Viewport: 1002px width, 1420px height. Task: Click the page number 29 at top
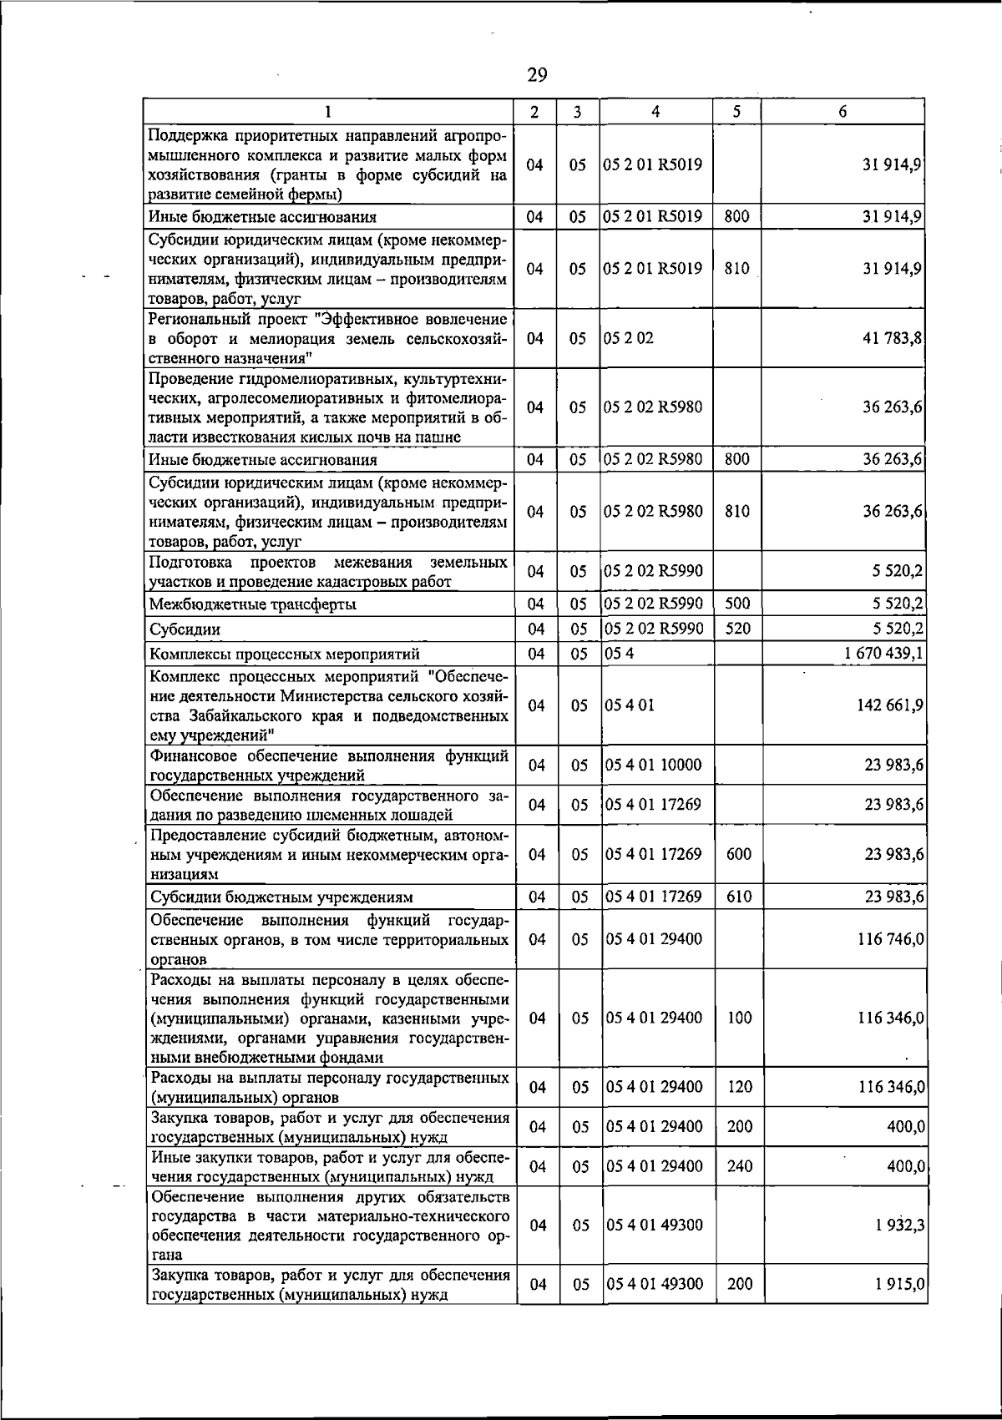coord(537,76)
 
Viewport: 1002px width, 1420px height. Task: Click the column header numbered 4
coord(656,111)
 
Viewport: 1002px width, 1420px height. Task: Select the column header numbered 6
coord(843,111)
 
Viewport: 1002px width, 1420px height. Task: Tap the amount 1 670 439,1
coord(882,653)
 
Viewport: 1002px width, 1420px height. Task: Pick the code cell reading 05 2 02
coord(630,338)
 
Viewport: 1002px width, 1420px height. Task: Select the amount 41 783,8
coord(893,338)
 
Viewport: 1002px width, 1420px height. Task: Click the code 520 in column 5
coord(737,629)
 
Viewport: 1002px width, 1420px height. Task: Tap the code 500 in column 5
coord(737,604)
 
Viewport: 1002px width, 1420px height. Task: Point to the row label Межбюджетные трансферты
coord(252,604)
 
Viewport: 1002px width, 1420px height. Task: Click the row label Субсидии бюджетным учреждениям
coord(281,897)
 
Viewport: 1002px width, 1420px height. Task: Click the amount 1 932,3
coord(898,1225)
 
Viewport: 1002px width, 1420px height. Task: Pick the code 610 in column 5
coord(739,897)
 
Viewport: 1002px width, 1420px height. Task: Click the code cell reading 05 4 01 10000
coord(654,765)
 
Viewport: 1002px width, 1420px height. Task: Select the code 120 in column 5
coord(739,1087)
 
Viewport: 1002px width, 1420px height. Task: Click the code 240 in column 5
coord(739,1166)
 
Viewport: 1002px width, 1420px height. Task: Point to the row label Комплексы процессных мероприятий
coord(284,654)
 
